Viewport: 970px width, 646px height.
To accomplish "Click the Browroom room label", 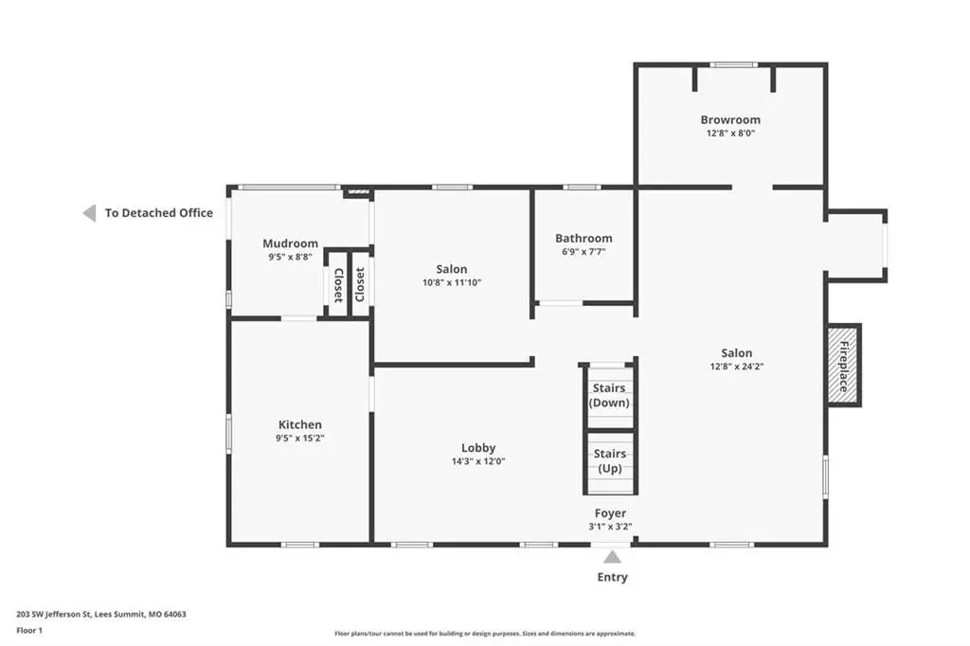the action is tap(730, 120).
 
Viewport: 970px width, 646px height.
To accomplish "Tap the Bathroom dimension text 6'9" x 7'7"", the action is tap(584, 252).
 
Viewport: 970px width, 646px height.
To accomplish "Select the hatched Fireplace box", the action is tap(843, 366).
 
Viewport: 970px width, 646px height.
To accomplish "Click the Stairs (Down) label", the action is tap(609, 395).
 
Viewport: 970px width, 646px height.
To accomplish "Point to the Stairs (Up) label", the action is tap(610, 461).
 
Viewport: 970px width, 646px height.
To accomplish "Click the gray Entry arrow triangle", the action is tap(612, 558).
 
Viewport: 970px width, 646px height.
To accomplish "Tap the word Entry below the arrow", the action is tap(613, 577).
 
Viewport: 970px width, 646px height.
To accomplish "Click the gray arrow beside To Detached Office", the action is tap(90, 213).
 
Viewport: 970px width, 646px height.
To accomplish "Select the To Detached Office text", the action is tap(159, 213).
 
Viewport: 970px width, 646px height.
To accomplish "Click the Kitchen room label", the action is tap(300, 425).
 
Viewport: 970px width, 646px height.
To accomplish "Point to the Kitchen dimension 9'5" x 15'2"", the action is tap(300, 439).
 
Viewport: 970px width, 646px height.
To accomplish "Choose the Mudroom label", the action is tap(290, 243).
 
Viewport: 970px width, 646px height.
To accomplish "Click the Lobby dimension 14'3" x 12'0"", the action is tap(478, 461).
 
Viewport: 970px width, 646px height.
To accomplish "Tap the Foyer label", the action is tap(611, 513).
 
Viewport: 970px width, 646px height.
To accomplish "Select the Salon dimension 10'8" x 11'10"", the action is tap(452, 283).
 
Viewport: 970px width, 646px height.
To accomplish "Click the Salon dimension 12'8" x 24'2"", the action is tap(737, 367).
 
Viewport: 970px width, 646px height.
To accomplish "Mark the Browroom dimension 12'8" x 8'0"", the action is tap(730, 133).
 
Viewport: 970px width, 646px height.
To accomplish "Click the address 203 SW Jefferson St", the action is tap(54, 615).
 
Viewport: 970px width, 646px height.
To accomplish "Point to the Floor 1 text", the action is tap(29, 631).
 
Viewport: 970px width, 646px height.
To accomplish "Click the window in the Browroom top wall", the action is tap(733, 64).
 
